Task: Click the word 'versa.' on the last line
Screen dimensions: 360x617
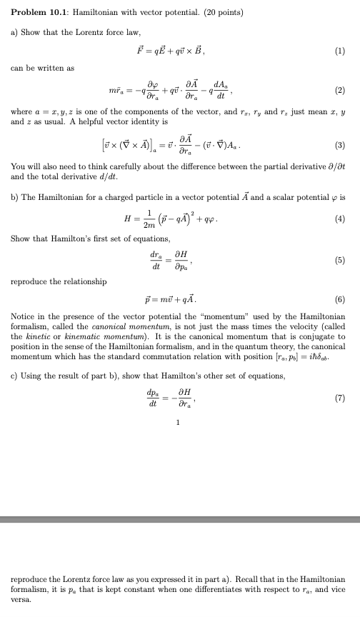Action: point(22,600)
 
